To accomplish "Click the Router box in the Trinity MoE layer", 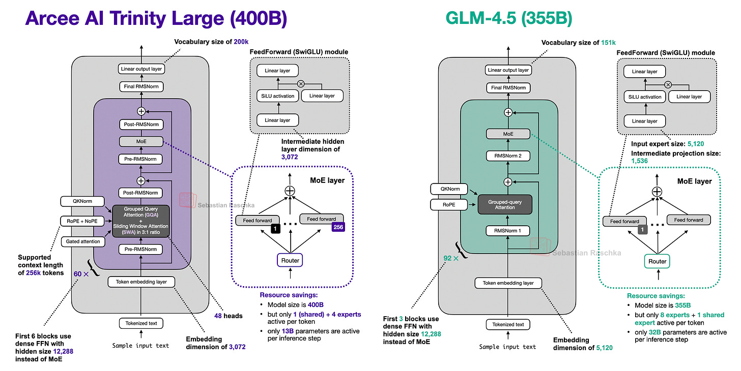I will pos(290,260).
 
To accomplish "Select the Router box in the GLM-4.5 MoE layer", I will pos(658,262).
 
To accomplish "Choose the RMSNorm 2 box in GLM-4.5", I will pos(508,156).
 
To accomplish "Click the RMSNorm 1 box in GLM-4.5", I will pos(508,231).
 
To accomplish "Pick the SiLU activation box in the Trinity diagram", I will pos(277,95).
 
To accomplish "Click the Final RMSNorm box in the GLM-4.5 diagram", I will pos(508,88).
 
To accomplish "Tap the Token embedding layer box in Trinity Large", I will pos(141,282).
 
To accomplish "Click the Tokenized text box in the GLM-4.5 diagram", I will pos(508,324).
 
